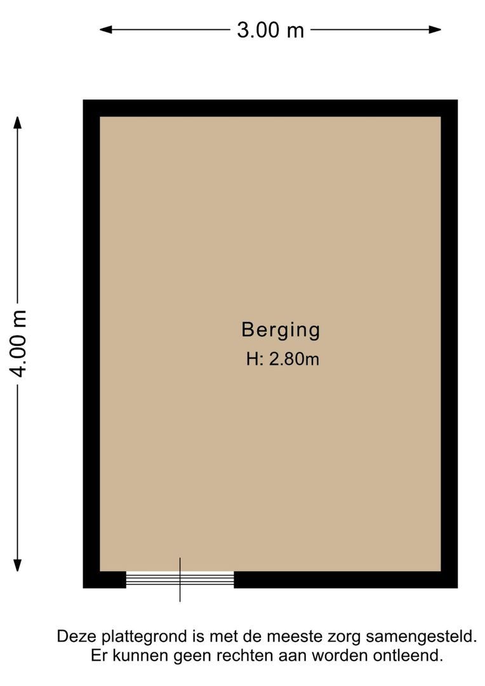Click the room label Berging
pos(281,330)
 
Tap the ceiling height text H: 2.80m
pos(282,360)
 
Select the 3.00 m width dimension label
pos(270,30)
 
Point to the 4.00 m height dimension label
pos(19,344)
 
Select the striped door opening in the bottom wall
pos(180,579)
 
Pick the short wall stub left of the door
pos(105,580)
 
